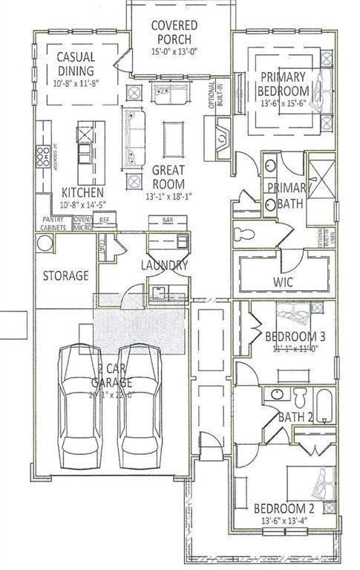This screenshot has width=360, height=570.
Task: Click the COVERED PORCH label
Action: [174, 32]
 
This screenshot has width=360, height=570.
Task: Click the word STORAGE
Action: [65, 275]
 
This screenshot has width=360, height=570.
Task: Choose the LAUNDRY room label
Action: [165, 265]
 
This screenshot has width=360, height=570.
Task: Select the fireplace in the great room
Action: [222, 137]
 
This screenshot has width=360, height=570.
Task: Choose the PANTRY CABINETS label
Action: [53, 224]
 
